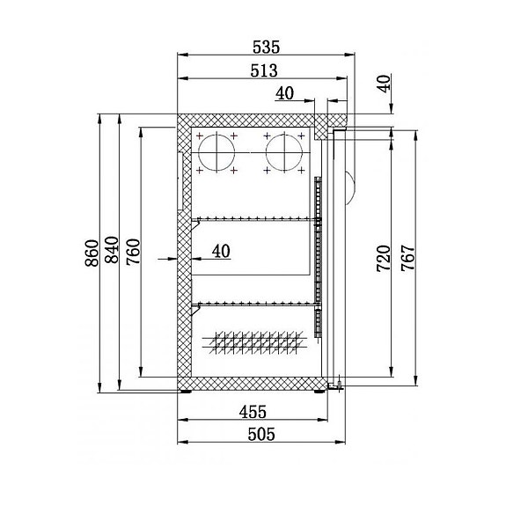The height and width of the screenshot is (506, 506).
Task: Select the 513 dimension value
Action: (262, 70)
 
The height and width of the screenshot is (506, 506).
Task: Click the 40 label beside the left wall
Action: (220, 252)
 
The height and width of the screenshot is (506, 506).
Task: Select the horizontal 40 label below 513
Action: (285, 93)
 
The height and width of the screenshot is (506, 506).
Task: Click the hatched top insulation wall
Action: (251, 121)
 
